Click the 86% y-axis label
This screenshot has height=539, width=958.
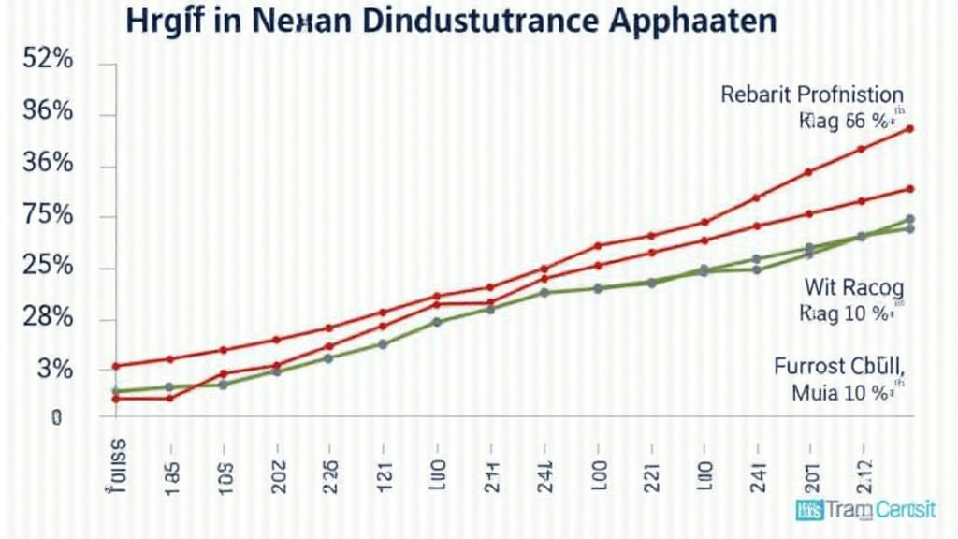tap(47, 111)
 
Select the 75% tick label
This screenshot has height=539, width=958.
tap(47, 215)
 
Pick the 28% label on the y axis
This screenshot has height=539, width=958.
tap(47, 318)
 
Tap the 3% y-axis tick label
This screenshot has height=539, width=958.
tap(51, 370)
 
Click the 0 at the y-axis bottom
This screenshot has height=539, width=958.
tap(56, 417)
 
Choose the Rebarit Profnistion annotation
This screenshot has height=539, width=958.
tap(811, 95)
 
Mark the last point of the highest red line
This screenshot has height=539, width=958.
tap(910, 128)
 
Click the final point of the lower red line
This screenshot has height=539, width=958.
tap(910, 188)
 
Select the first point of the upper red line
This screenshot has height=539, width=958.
tap(116, 366)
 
